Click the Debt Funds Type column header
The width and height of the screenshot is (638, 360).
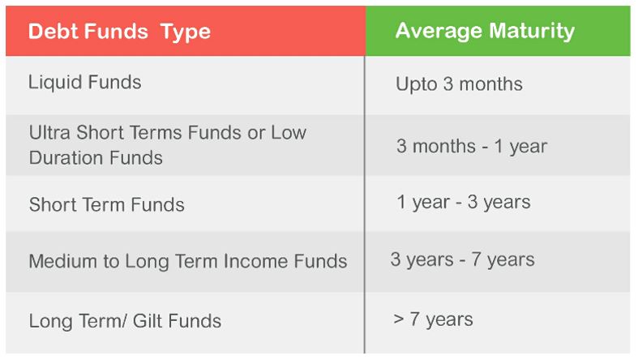[119, 32]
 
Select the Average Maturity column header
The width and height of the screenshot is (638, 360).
[485, 32]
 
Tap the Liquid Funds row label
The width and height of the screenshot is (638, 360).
[84, 82]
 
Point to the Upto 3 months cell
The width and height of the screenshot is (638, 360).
[459, 84]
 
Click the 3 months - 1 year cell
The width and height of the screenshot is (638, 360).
[471, 147]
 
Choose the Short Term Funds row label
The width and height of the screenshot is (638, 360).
[106, 204]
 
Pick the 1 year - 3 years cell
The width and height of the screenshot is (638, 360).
[463, 202]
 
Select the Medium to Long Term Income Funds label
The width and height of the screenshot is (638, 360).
[187, 262]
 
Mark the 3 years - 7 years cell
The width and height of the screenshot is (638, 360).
[462, 260]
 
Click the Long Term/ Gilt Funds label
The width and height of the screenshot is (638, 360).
[125, 320]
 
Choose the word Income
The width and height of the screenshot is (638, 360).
[264, 262]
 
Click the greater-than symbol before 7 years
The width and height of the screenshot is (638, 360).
[399, 319]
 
